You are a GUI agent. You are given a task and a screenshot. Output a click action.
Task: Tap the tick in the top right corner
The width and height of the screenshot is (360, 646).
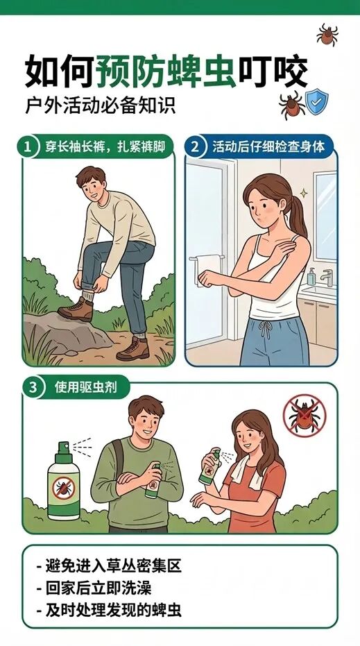327,35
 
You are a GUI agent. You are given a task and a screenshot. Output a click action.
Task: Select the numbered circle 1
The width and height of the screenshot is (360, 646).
27,147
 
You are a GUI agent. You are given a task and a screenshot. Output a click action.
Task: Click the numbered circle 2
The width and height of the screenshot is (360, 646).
194,147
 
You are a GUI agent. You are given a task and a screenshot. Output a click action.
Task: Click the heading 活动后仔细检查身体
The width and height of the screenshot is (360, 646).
268,147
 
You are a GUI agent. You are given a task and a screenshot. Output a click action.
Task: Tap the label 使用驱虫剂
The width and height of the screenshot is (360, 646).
86,388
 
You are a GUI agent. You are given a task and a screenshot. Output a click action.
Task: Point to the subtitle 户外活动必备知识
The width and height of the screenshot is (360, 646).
101,105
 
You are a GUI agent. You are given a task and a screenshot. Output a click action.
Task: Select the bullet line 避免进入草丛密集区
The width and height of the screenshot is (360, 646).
109,566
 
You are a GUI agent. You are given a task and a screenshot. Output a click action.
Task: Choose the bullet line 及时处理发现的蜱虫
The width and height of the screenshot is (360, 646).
109,610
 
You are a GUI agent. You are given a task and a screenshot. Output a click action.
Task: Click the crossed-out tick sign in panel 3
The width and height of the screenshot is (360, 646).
305,415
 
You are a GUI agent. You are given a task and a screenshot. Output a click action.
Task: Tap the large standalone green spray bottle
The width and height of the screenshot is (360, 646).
63,481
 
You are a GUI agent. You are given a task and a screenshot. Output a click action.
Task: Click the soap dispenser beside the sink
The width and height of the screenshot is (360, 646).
311,276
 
